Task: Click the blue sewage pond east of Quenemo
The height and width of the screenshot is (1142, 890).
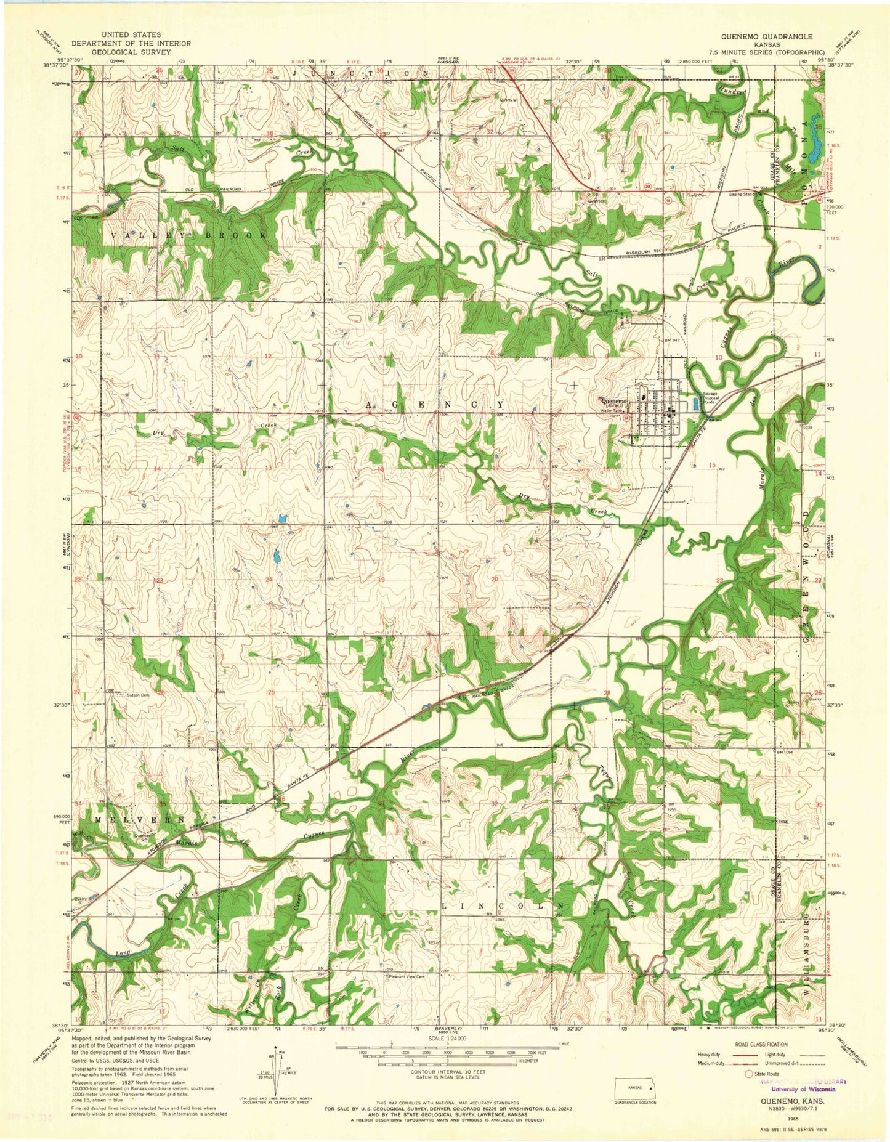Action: pyautogui.click(x=695, y=405)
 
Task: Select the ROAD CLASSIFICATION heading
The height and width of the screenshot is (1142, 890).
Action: pyautogui.click(x=761, y=1044)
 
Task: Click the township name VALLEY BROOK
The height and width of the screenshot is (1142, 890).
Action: pyautogui.click(x=190, y=236)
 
